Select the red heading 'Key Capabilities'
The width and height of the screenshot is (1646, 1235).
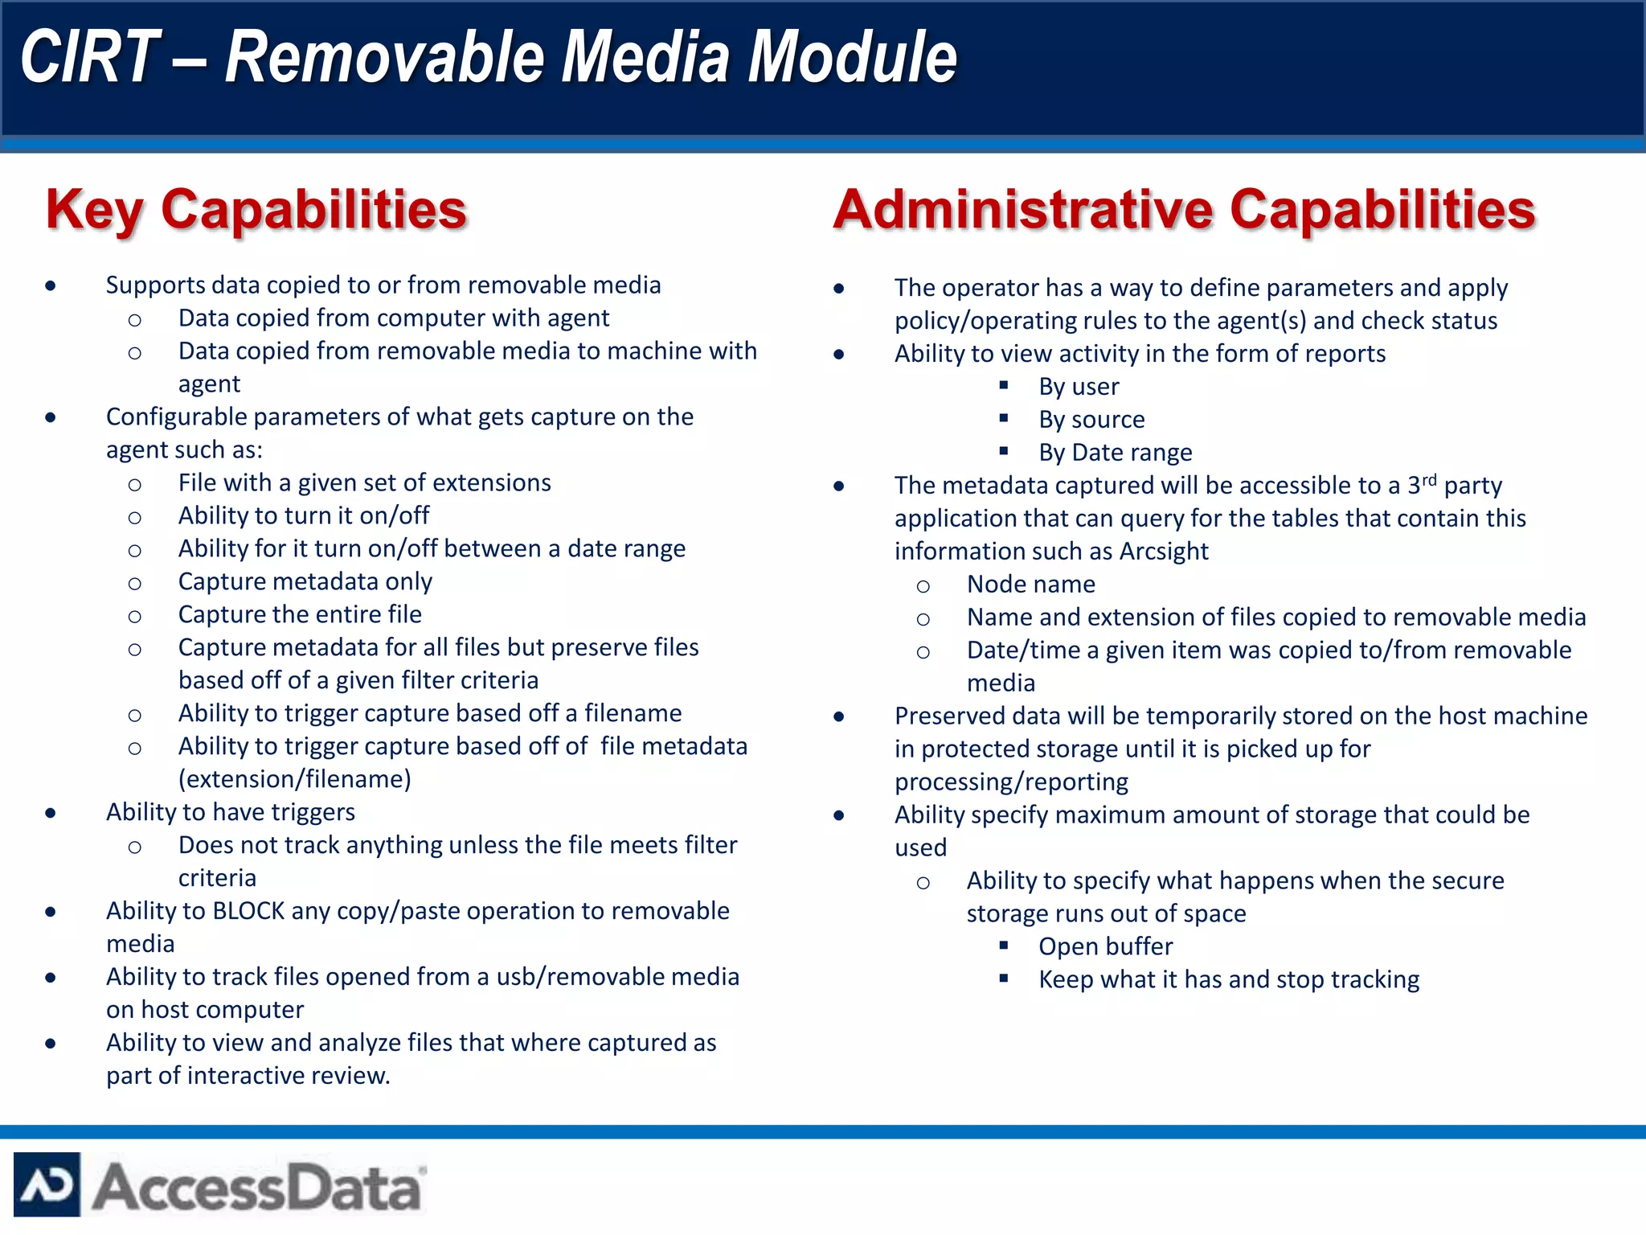[256, 210]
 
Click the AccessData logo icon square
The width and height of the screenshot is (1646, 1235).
[47, 1184]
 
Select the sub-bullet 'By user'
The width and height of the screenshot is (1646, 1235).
[1078, 387]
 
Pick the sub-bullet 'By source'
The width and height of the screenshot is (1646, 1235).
[1091, 420]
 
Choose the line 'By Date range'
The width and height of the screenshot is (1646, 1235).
[1115, 453]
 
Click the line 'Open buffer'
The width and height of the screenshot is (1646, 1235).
[1105, 946]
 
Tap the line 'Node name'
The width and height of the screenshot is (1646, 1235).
[1030, 585]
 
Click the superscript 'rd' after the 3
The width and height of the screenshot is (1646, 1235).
[1428, 480]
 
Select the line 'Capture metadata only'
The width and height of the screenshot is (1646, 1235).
[305, 581]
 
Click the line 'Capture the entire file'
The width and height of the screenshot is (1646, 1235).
[300, 614]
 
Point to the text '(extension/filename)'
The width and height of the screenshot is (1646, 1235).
[294, 779]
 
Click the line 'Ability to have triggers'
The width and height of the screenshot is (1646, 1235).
[230, 812]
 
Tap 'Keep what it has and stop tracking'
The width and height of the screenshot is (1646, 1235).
[1228, 979]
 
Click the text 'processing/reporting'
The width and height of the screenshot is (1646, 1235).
[1011, 782]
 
